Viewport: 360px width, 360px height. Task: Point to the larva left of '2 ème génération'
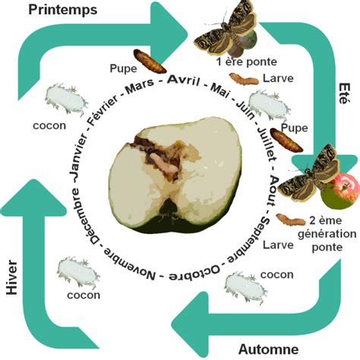point(287,221)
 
